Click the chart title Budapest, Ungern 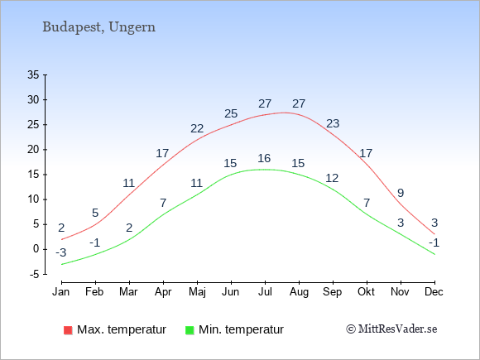(98, 27)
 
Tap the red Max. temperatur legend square (68, 330)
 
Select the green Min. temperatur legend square (190, 330)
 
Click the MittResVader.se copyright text (391, 329)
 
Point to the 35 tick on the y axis (33, 74)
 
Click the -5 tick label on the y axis (34, 274)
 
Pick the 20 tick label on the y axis (33, 150)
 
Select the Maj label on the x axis (197, 292)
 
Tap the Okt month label (366, 292)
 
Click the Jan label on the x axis (61, 292)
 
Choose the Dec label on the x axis (434, 292)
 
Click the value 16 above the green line (264, 158)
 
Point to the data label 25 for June (231, 113)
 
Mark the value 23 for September (333, 123)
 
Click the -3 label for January (61, 253)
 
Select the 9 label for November (401, 193)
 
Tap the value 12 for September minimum (332, 178)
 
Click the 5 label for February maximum (95, 213)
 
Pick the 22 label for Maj (197, 128)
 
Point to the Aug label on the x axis (299, 292)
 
